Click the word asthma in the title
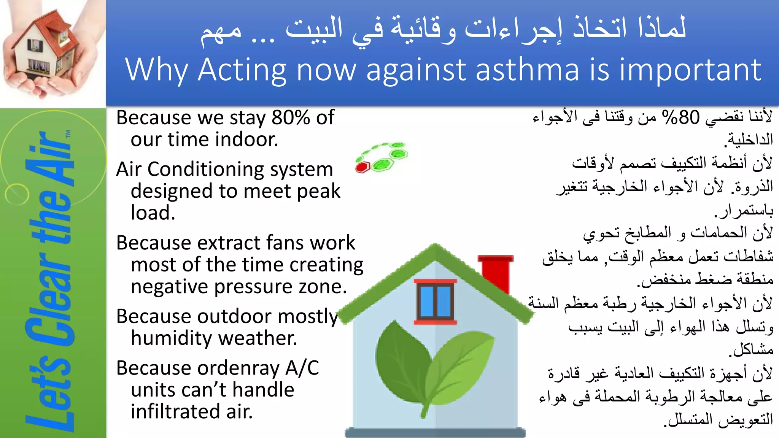tap(527, 70)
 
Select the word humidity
tap(165, 338)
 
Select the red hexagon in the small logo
tap(363, 167)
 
